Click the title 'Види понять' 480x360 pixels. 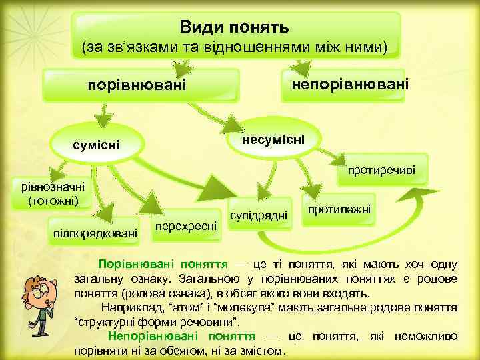234,27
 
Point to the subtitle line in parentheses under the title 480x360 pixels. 234,48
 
